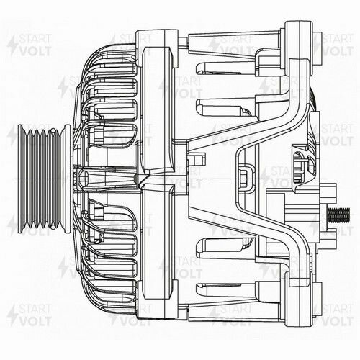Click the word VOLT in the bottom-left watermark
click(x=29, y=323)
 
